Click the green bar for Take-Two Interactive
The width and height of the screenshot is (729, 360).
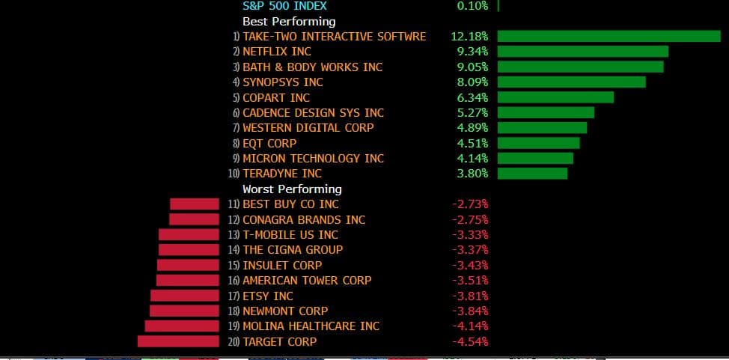click(x=608, y=36)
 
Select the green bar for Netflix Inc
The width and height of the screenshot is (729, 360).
click(x=582, y=52)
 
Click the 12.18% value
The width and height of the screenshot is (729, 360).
click(x=469, y=36)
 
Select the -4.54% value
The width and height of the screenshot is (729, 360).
click(x=470, y=341)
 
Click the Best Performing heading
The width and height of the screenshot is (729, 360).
click(x=289, y=21)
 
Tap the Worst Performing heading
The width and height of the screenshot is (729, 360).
click(x=292, y=189)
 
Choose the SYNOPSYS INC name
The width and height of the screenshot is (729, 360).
click(x=283, y=82)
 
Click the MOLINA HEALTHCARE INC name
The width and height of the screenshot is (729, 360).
click(x=311, y=326)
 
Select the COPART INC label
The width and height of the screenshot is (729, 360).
click(x=276, y=97)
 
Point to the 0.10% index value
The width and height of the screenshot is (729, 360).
click(x=472, y=6)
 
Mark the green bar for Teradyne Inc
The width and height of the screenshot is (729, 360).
click(x=532, y=174)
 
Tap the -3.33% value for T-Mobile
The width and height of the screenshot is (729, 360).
click(x=470, y=234)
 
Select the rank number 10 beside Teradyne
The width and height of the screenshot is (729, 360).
click(x=234, y=174)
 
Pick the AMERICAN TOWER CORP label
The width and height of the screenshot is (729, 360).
click(x=307, y=281)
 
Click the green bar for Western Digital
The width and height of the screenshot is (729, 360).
click(x=542, y=128)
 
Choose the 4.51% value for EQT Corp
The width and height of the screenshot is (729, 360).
click(x=472, y=143)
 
